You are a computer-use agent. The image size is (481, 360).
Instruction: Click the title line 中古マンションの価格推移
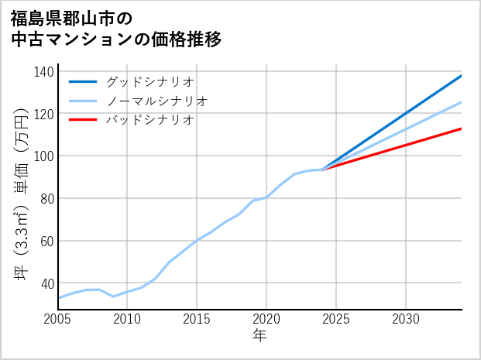click(116, 39)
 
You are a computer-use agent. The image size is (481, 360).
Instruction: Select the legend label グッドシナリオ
click(150, 81)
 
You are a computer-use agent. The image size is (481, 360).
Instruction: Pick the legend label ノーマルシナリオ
click(157, 101)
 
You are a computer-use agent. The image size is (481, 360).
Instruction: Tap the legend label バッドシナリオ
click(150, 120)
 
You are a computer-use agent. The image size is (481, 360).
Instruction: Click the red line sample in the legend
click(84, 120)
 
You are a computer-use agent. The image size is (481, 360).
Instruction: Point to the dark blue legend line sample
click(84, 81)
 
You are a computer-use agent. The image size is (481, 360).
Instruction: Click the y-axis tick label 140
click(44, 72)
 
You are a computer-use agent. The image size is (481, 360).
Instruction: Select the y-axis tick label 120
click(44, 114)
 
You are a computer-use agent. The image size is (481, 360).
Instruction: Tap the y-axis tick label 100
click(44, 156)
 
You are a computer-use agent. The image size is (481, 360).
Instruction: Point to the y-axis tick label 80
click(46, 198)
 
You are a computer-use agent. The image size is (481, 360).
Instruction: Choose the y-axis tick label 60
click(46, 241)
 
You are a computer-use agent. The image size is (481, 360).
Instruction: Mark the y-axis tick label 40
click(46, 283)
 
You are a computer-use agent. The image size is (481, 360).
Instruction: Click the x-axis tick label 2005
click(58, 319)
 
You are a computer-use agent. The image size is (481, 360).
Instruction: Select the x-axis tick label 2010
click(128, 319)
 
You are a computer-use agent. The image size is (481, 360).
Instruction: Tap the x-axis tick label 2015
click(198, 319)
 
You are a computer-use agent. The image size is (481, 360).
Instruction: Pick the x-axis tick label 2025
click(336, 319)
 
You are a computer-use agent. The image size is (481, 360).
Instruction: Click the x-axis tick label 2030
click(406, 319)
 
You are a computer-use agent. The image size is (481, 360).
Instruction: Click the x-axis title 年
click(259, 336)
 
